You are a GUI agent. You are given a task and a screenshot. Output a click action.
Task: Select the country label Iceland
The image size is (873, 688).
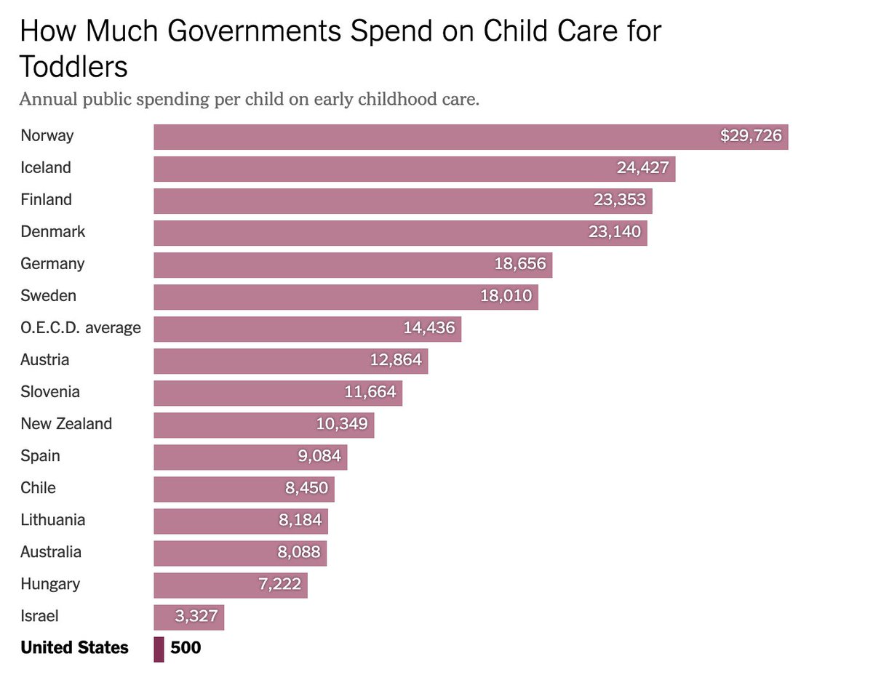pyautogui.click(x=46, y=168)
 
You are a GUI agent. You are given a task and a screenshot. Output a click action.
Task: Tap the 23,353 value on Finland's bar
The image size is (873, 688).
pyautogui.click(x=619, y=200)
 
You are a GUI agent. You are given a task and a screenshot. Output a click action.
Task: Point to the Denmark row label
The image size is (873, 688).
pyautogui.click(x=52, y=232)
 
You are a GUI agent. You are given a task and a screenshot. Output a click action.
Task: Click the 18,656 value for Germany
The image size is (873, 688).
pyautogui.click(x=519, y=264)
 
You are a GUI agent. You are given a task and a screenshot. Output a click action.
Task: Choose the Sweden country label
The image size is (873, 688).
pyautogui.click(x=48, y=296)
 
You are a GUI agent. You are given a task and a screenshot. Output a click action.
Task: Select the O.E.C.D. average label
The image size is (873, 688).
pyautogui.click(x=81, y=328)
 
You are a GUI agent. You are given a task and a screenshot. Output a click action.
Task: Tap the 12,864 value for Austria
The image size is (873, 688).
pyautogui.click(x=395, y=360)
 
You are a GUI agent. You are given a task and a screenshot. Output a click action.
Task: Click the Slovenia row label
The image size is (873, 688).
pyautogui.click(x=50, y=392)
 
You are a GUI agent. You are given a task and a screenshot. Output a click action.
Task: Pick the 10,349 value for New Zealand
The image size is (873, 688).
pyautogui.click(x=341, y=424)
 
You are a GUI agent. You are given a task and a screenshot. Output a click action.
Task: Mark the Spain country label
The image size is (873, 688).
pyautogui.click(x=40, y=456)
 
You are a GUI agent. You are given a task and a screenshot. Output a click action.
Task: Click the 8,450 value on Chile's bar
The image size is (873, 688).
pyautogui.click(x=306, y=488)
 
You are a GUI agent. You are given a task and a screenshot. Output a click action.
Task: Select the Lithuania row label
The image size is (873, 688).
pyautogui.click(x=52, y=520)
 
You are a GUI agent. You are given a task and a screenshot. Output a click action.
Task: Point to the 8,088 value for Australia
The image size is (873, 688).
pyautogui.click(x=298, y=552)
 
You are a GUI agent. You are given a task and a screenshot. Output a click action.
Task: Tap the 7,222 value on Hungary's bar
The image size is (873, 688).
pyautogui.click(x=279, y=584)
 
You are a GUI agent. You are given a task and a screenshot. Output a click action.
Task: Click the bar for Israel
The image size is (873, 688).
pyautogui.click(x=188, y=617)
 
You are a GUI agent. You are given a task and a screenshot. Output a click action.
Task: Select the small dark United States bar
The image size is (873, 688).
pyautogui.click(x=159, y=649)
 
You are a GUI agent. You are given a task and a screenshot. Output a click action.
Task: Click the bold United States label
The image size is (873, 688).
pyautogui.click(x=74, y=648)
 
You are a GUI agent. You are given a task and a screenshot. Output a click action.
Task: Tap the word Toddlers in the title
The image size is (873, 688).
pyautogui.click(x=73, y=67)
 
